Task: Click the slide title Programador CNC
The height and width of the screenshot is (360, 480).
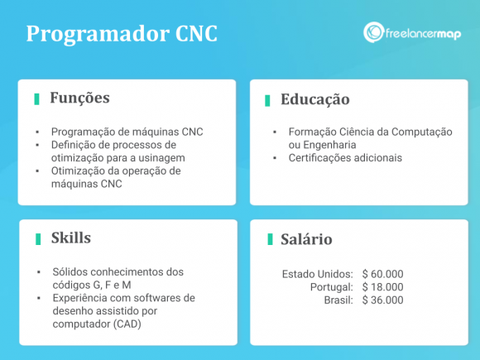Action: tap(122, 35)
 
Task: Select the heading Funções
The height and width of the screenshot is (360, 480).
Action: tap(79, 98)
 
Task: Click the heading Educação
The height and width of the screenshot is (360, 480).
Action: tap(314, 100)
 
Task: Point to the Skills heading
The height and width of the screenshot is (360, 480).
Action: tap(70, 238)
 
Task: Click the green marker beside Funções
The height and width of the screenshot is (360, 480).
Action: tap(36, 99)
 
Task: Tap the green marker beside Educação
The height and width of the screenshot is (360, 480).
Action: tap(267, 100)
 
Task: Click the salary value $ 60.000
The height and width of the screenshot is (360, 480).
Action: tap(382, 273)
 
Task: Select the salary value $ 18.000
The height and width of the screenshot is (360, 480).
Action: tap(382, 286)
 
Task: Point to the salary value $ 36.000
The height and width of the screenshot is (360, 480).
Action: tap(382, 300)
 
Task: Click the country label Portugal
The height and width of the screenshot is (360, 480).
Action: tap(331, 286)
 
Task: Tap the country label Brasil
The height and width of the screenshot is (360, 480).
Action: tap(339, 300)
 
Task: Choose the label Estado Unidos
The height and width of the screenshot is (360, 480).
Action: tap(318, 273)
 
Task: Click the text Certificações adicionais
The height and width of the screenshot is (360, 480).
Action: tap(344, 157)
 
